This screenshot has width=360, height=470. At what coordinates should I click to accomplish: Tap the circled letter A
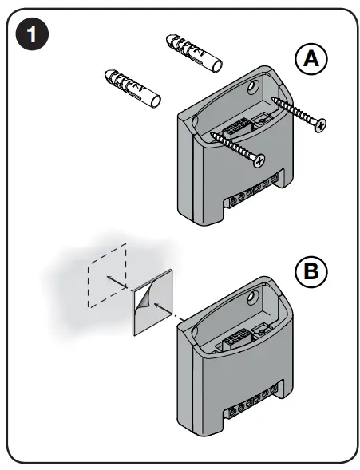[311, 59]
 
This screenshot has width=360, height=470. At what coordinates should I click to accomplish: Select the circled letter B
[311, 271]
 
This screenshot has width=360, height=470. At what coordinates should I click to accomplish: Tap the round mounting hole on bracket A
[255, 84]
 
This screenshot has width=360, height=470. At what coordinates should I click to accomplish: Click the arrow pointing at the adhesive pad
[164, 307]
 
